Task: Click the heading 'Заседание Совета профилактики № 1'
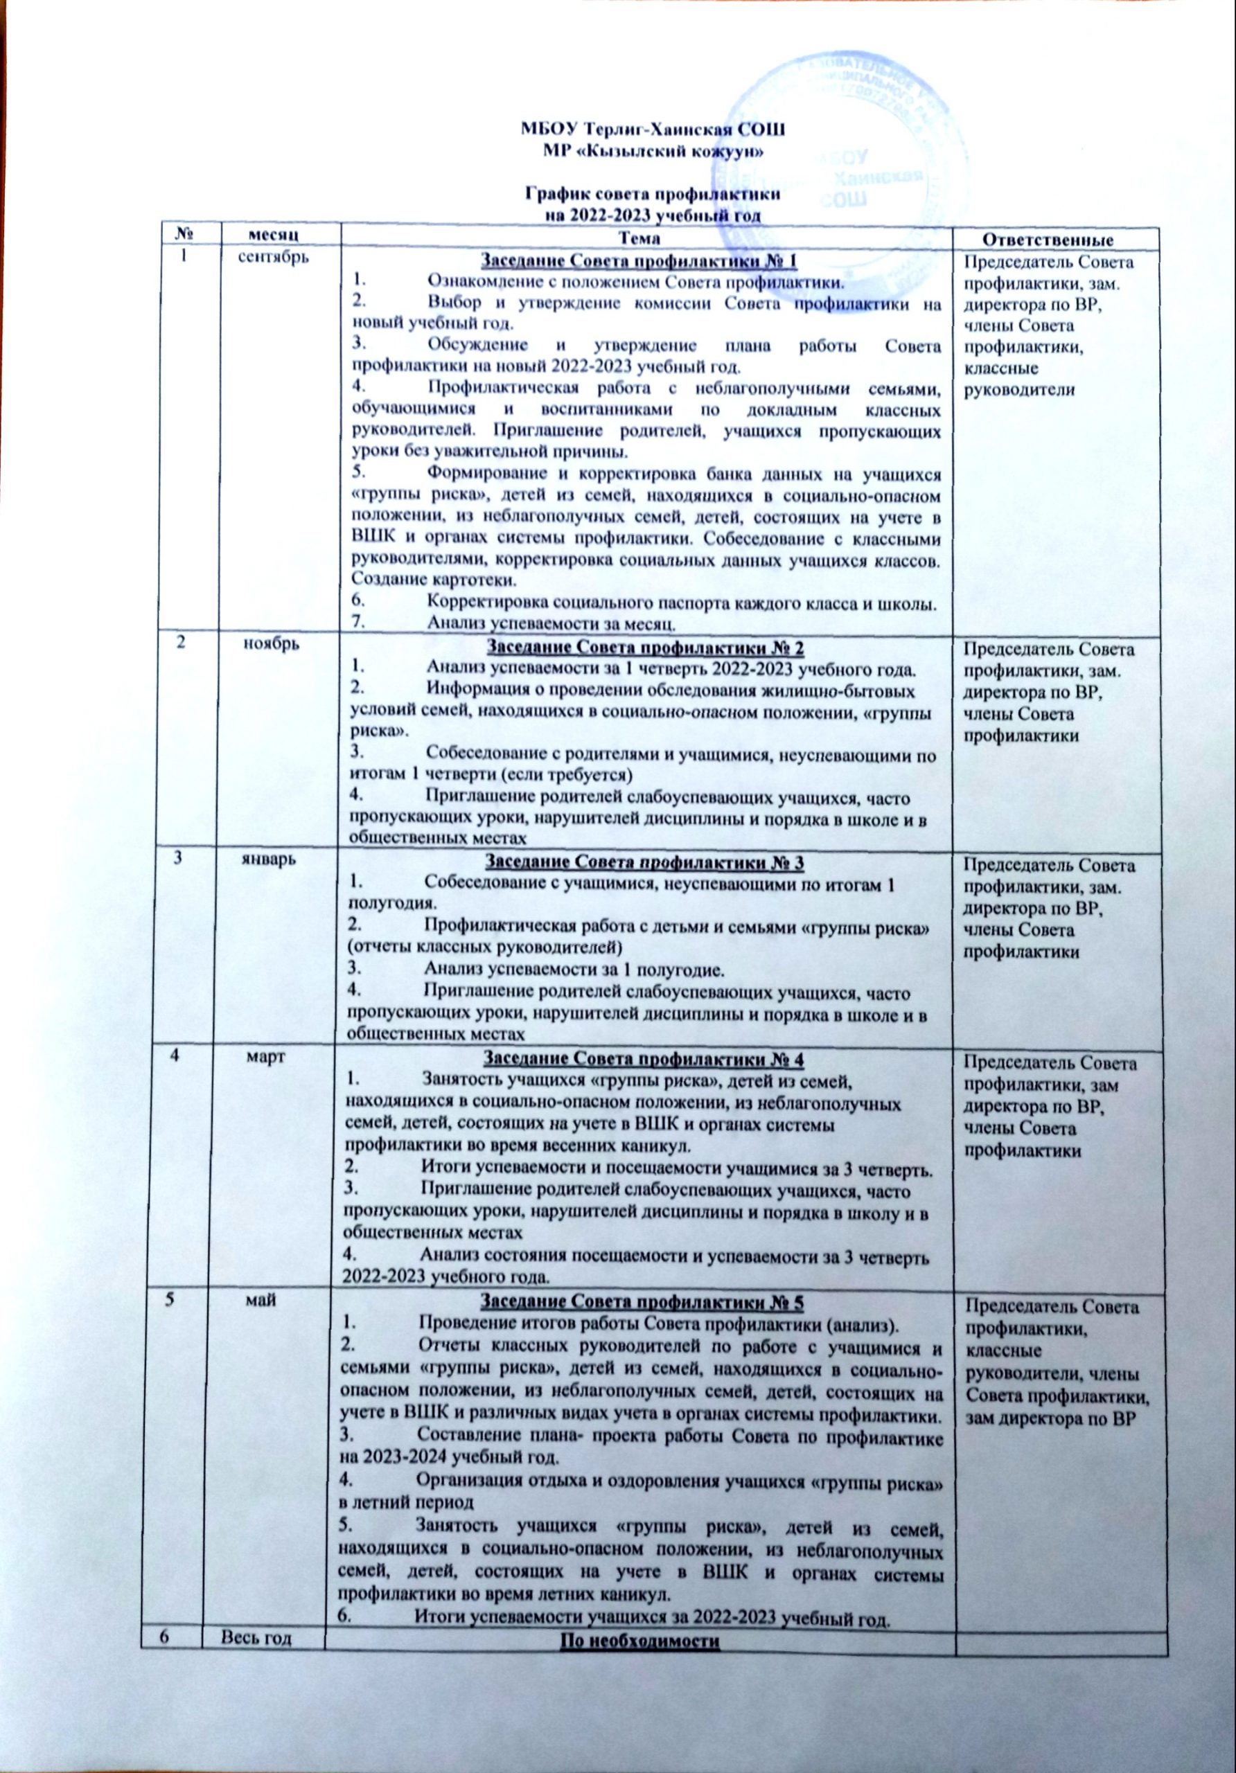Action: coord(638,260)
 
